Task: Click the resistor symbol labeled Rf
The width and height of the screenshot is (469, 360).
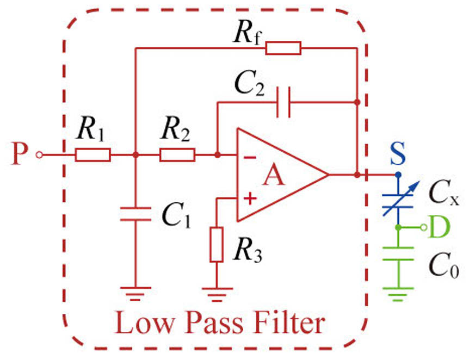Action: [x=283, y=48]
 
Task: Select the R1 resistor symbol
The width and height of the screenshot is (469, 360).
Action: [x=93, y=156]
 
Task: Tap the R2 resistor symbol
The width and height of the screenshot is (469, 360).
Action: [x=177, y=156]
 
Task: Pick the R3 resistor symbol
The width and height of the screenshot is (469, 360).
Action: [x=217, y=245]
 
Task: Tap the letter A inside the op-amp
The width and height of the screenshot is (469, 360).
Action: [x=275, y=177]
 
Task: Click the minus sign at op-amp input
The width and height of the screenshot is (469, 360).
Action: [x=250, y=158]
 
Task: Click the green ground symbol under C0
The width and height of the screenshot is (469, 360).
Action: [x=399, y=296]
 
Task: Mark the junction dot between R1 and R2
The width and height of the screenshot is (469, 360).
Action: [x=135, y=156]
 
